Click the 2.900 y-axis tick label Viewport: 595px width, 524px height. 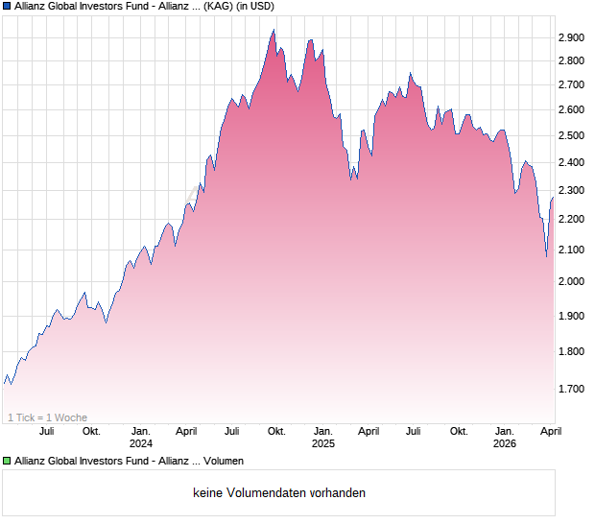(571, 37)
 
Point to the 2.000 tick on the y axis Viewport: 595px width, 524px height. (571, 281)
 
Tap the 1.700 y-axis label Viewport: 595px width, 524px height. (571, 389)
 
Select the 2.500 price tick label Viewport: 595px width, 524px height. (571, 135)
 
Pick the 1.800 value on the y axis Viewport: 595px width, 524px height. (571, 352)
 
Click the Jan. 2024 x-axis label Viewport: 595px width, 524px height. (141, 437)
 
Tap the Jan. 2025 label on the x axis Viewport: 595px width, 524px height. (323, 437)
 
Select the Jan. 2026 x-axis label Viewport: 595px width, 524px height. (505, 437)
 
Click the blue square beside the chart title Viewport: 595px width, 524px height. (7, 7)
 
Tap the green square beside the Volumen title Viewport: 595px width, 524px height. (7, 462)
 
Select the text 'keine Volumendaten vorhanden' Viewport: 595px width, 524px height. (279, 492)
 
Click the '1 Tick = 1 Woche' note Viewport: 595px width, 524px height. (47, 417)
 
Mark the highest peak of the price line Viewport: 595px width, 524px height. (274, 30)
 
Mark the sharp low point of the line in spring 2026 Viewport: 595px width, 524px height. (546, 256)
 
